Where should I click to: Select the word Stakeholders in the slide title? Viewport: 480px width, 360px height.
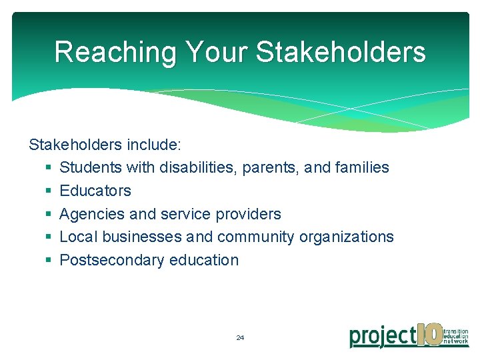(341, 51)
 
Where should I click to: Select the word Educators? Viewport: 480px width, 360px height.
(95, 191)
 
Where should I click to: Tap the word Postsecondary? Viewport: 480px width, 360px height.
(112, 260)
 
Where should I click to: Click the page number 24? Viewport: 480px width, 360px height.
(240, 338)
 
